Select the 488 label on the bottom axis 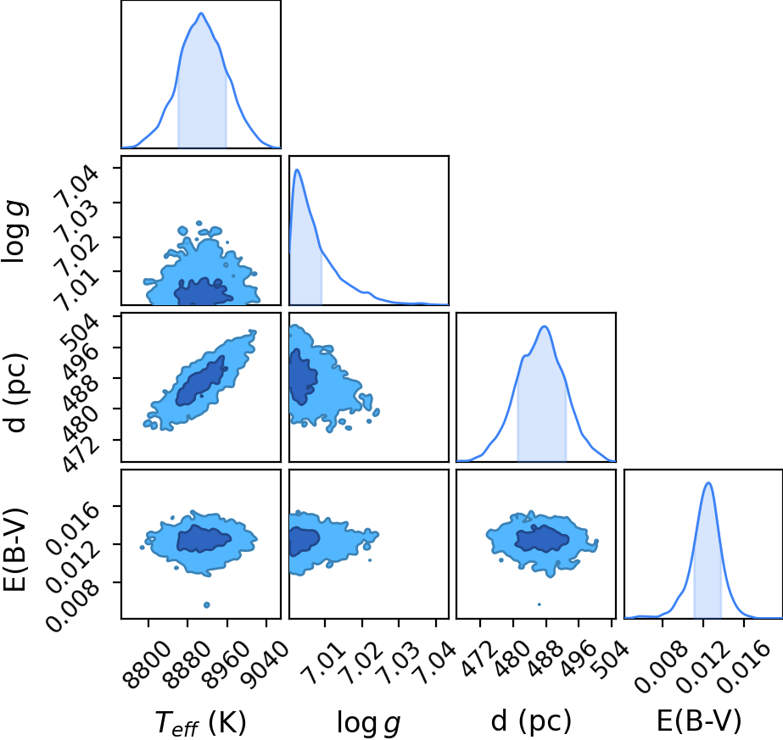pos(545,658)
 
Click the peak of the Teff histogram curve pos(201,13)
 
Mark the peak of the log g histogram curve pos(297,170)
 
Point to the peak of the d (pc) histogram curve pos(545,326)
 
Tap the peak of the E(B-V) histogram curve pos(708,482)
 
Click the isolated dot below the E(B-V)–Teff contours pos(207,604)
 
